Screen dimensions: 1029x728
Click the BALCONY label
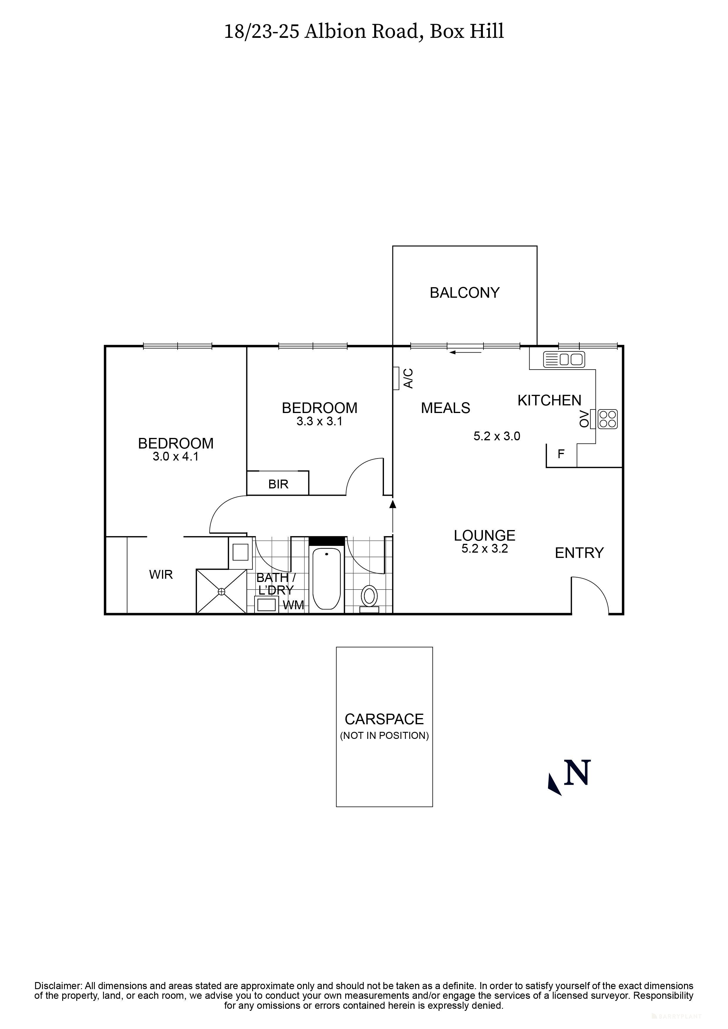pyautogui.click(x=464, y=293)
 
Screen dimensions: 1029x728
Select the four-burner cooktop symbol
pyautogui.click(x=608, y=419)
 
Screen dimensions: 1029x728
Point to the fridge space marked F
pyautogui.click(x=561, y=454)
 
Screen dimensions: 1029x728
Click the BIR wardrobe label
pyautogui.click(x=278, y=484)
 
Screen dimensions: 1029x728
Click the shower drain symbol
pyautogui.click(x=221, y=592)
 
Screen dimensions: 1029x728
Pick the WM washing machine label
pyautogui.click(x=293, y=605)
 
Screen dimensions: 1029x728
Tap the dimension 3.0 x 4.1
pyautogui.click(x=175, y=457)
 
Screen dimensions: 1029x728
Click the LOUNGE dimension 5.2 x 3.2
pyautogui.click(x=484, y=549)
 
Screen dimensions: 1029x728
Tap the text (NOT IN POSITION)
pyautogui.click(x=385, y=735)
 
